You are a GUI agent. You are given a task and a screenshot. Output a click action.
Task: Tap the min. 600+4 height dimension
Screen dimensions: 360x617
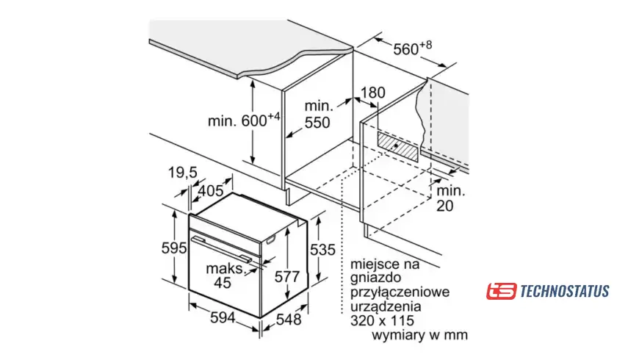[x=243, y=119]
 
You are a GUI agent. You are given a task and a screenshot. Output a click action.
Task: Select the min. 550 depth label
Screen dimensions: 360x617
[x=317, y=115]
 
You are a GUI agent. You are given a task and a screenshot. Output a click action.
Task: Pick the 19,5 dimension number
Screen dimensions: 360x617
[x=183, y=173]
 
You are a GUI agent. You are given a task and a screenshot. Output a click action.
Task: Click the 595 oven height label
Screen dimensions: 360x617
[x=175, y=248]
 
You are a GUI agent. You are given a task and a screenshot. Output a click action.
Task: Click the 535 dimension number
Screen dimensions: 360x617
[x=324, y=250]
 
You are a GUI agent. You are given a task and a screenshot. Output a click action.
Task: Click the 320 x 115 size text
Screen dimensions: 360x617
[x=383, y=320]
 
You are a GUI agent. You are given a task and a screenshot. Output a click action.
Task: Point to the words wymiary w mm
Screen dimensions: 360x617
[x=420, y=335]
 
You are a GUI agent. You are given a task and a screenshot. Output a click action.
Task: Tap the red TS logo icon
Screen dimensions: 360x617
[x=501, y=291]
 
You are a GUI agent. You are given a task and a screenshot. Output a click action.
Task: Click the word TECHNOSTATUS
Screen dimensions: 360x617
[x=564, y=292]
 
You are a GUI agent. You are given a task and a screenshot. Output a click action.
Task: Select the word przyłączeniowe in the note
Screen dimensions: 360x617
[x=400, y=292]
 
